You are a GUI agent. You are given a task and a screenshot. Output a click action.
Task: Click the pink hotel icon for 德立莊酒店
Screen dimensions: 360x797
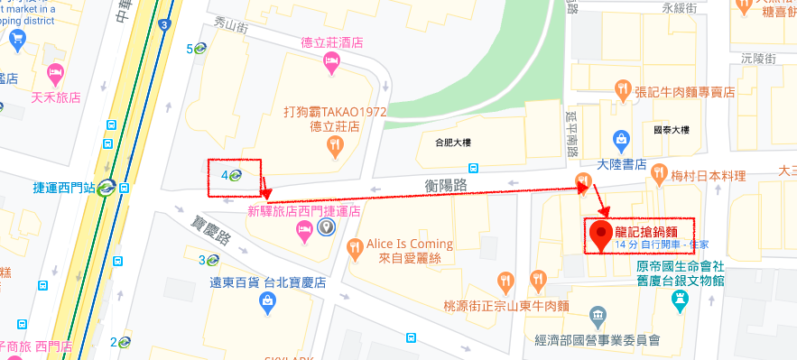point(331,62)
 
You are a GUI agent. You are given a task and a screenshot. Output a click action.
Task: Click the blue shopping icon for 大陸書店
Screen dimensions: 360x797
point(621,140)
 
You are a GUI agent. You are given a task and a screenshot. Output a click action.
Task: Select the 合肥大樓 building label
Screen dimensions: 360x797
point(453,142)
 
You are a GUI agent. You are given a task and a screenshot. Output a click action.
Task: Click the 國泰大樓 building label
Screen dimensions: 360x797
point(671,130)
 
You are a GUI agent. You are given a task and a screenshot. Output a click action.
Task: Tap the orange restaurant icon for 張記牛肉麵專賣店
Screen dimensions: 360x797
point(622,88)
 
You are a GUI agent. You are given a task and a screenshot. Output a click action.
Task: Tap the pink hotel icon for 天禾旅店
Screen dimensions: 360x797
point(55,71)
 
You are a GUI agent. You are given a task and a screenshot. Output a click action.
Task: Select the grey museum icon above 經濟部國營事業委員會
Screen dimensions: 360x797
point(598,316)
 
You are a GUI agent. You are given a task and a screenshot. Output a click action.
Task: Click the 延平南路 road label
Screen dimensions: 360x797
point(570,128)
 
